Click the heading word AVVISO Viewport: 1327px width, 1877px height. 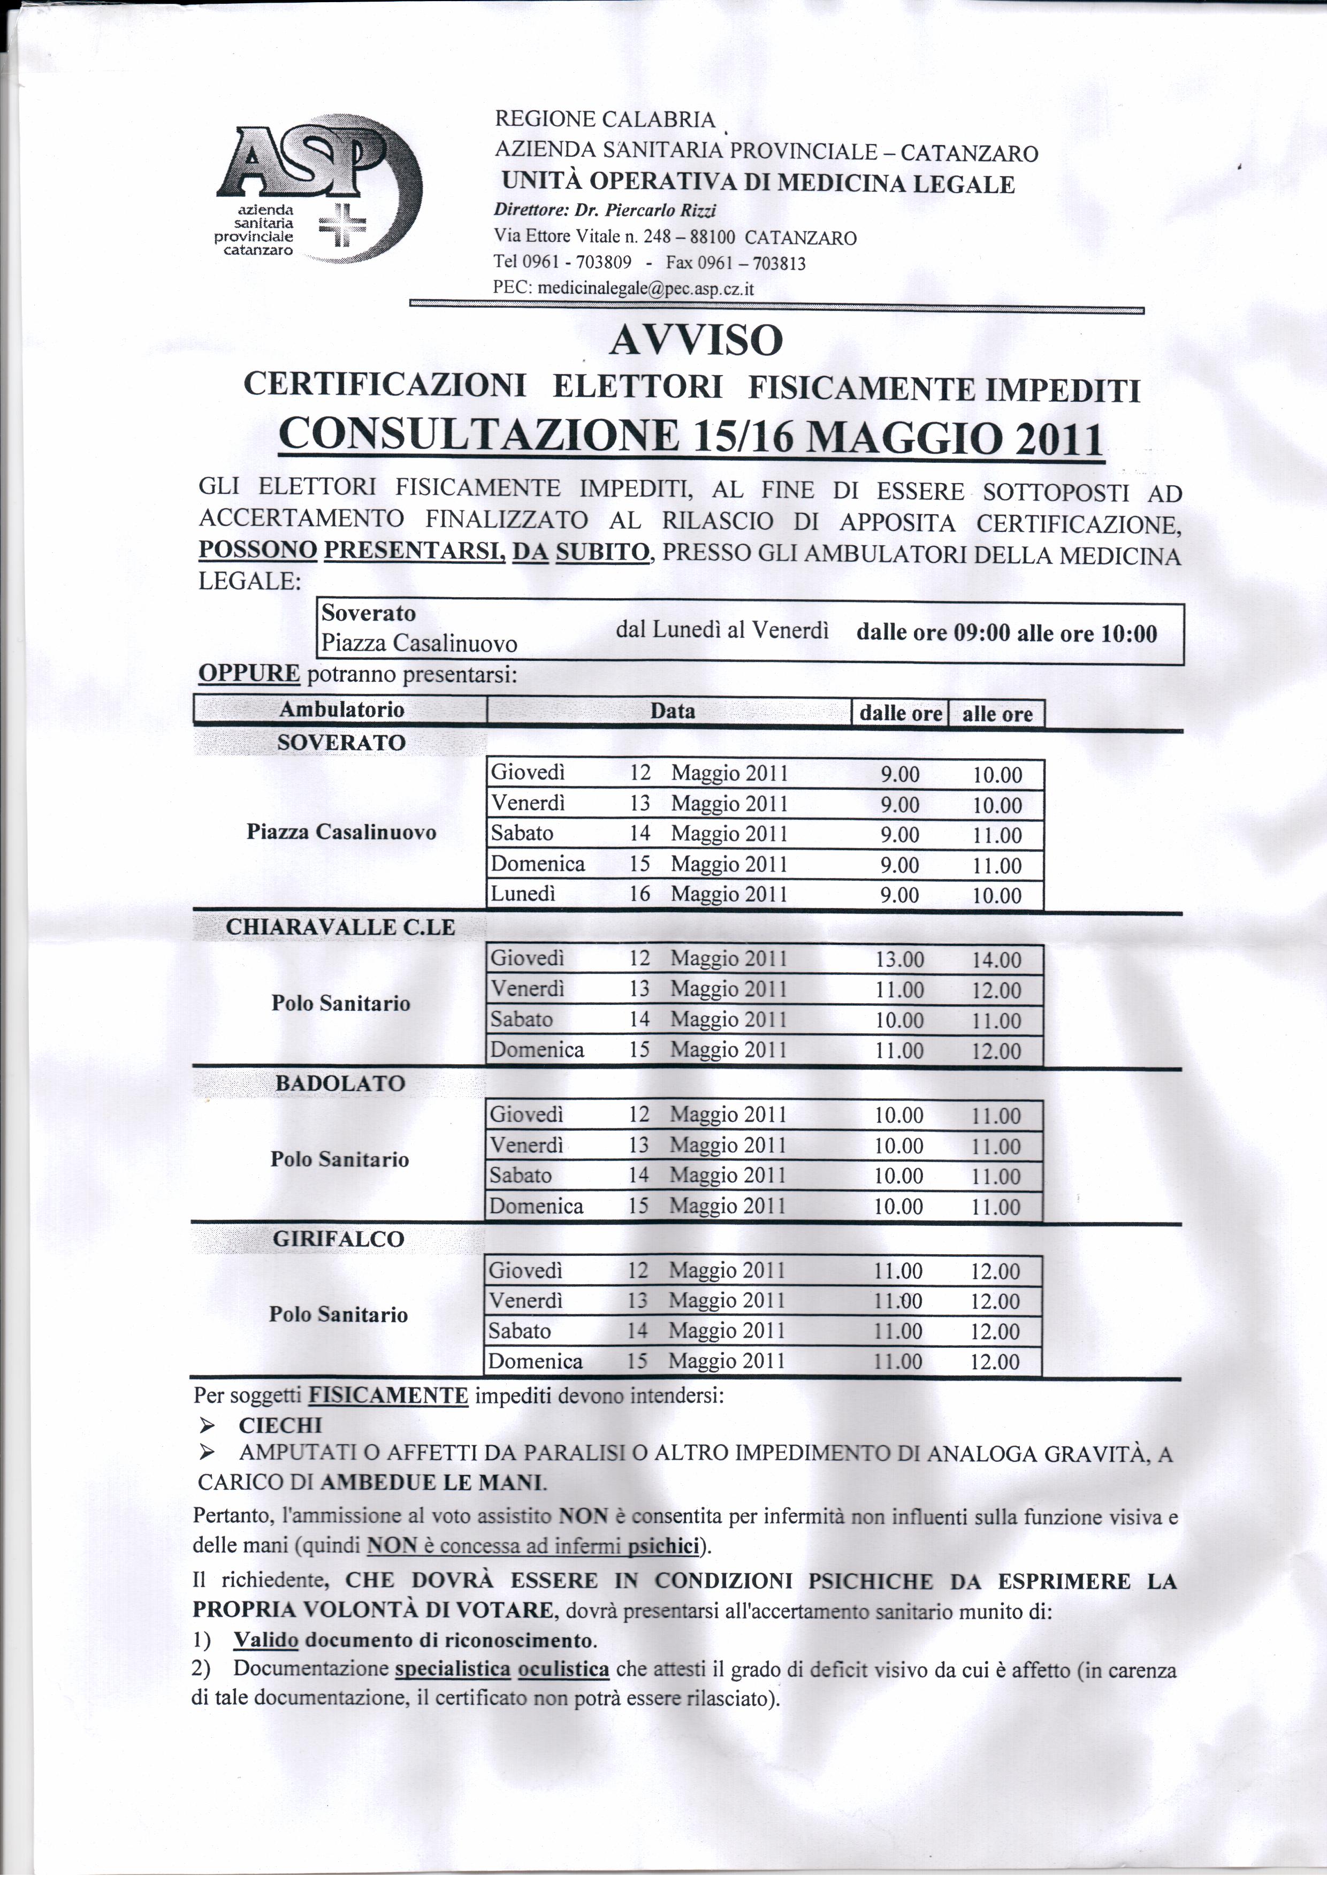[696, 340]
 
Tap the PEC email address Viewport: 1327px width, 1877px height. [645, 288]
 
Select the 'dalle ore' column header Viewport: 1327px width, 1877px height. [900, 714]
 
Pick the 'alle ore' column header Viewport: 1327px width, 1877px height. [997, 714]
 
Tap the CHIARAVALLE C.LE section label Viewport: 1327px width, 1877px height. [340, 928]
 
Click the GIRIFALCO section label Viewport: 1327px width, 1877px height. [339, 1239]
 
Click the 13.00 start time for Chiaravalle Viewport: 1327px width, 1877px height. [899, 959]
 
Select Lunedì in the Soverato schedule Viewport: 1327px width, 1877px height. [523, 894]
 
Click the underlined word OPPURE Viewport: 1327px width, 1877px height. [249, 674]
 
